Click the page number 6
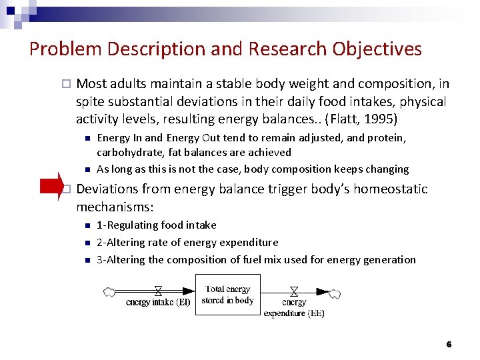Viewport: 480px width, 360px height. tap(449, 345)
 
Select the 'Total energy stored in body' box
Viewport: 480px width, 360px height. tap(227, 295)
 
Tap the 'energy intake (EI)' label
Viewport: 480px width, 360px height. tap(158, 303)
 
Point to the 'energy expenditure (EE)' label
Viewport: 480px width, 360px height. tap(294, 308)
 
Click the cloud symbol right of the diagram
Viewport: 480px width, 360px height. tap(335, 293)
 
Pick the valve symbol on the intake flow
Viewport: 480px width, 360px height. tap(158, 291)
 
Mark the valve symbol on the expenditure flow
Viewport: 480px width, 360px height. tap(294, 291)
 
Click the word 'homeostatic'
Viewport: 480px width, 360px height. tap(387, 189)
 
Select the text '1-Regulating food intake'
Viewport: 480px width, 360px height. tap(156, 225)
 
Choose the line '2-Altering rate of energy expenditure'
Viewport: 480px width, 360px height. tap(187, 243)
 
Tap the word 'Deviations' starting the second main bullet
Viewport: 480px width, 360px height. tap(107, 189)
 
